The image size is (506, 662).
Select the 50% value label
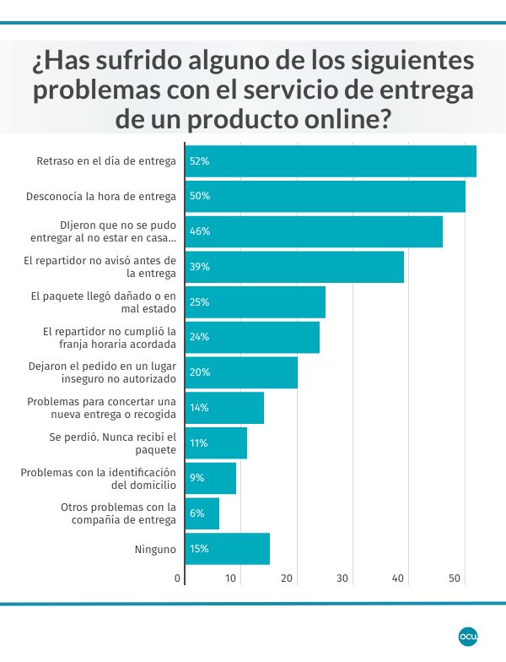click(200, 196)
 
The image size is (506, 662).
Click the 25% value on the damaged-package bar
click(200, 302)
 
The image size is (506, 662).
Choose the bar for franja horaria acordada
click(252, 337)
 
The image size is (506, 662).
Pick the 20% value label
click(200, 372)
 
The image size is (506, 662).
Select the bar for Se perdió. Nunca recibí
click(216, 442)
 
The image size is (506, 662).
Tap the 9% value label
click(197, 478)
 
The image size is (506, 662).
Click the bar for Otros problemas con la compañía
click(202, 513)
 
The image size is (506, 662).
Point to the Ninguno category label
click(155, 549)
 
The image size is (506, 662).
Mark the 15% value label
click(200, 549)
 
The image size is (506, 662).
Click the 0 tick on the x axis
click(178, 578)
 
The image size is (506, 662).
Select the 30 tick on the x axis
click(343, 578)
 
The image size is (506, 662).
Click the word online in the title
click(342, 118)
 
